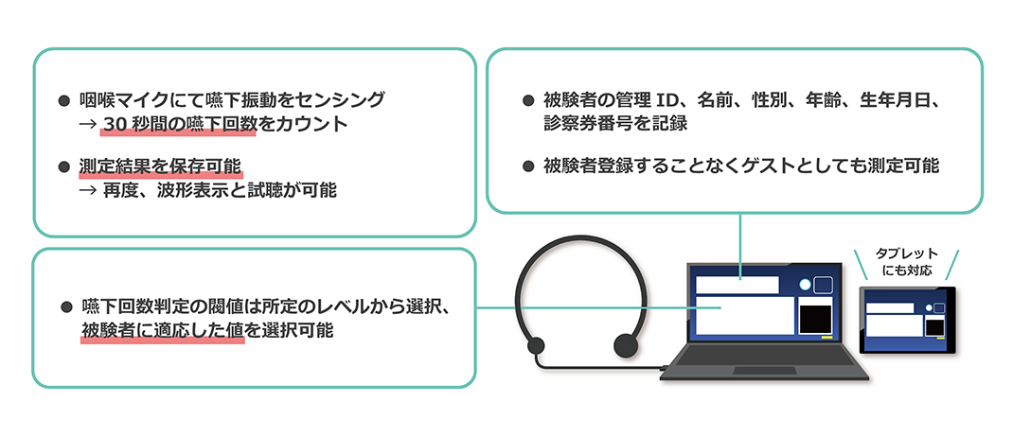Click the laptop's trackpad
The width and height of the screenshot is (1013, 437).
764,371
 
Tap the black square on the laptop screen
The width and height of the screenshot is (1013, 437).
815,319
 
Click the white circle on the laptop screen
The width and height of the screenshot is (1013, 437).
805,285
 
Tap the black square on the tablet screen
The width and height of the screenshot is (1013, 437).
934,327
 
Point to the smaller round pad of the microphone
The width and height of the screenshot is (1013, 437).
536,346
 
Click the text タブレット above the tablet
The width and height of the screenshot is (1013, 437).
906,253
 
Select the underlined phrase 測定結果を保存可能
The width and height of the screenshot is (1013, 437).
160,166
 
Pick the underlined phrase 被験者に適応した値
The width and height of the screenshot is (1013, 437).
162,330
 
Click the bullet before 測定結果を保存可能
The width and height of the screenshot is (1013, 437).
63,167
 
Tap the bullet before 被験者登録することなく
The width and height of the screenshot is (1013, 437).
528,166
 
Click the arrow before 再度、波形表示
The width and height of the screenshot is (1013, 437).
87,191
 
